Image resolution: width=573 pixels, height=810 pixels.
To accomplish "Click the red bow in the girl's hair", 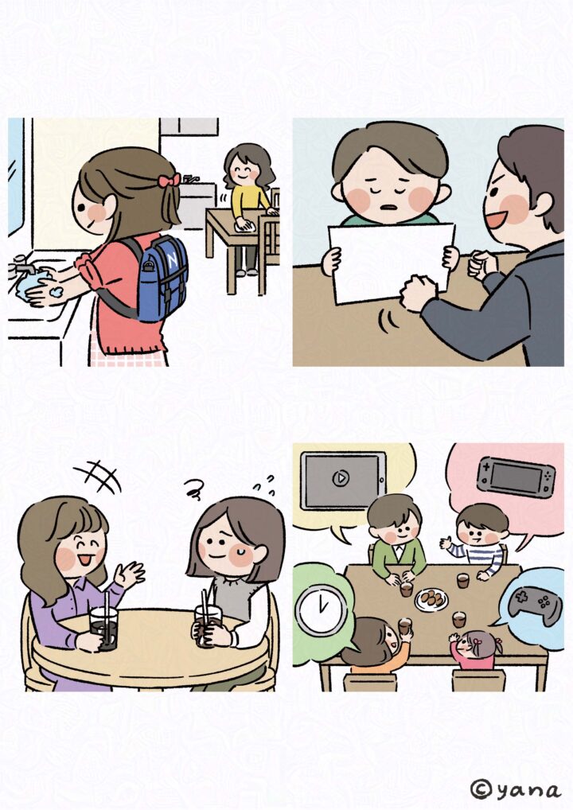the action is tap(170, 181).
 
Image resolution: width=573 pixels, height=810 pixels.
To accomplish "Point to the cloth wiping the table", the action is tap(243, 225).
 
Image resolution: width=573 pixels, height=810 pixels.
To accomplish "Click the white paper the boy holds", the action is tap(391, 263).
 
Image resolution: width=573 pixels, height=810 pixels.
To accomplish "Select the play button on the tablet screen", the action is tap(340, 478).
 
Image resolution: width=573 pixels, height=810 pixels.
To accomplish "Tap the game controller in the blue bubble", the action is tap(535, 604).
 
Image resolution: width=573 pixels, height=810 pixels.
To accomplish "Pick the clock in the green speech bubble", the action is tap(321, 610).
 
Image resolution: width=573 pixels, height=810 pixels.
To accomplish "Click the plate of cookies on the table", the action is tap(431, 600).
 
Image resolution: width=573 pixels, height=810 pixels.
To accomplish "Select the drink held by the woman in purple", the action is tap(104, 627).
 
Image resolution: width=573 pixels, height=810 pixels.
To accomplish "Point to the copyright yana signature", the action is tap(515, 789).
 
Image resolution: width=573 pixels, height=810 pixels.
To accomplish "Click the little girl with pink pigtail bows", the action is tap(474, 649).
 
